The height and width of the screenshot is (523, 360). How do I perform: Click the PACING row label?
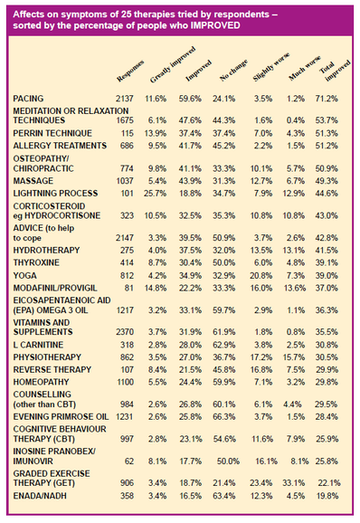(33, 97)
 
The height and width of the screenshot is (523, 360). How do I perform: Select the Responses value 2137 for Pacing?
(125, 97)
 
